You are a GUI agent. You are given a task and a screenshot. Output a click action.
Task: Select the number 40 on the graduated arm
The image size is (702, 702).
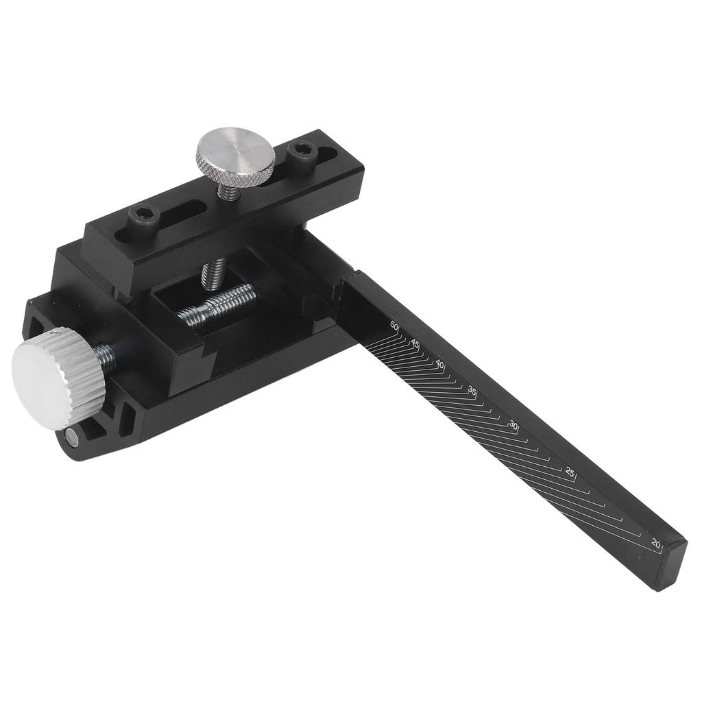[440, 364]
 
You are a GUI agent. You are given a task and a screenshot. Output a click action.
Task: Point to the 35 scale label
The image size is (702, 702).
[472, 390]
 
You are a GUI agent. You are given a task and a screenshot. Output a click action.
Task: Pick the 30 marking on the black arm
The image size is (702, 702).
[513, 425]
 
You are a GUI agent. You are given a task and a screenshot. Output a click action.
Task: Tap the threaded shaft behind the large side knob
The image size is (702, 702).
[104, 354]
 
